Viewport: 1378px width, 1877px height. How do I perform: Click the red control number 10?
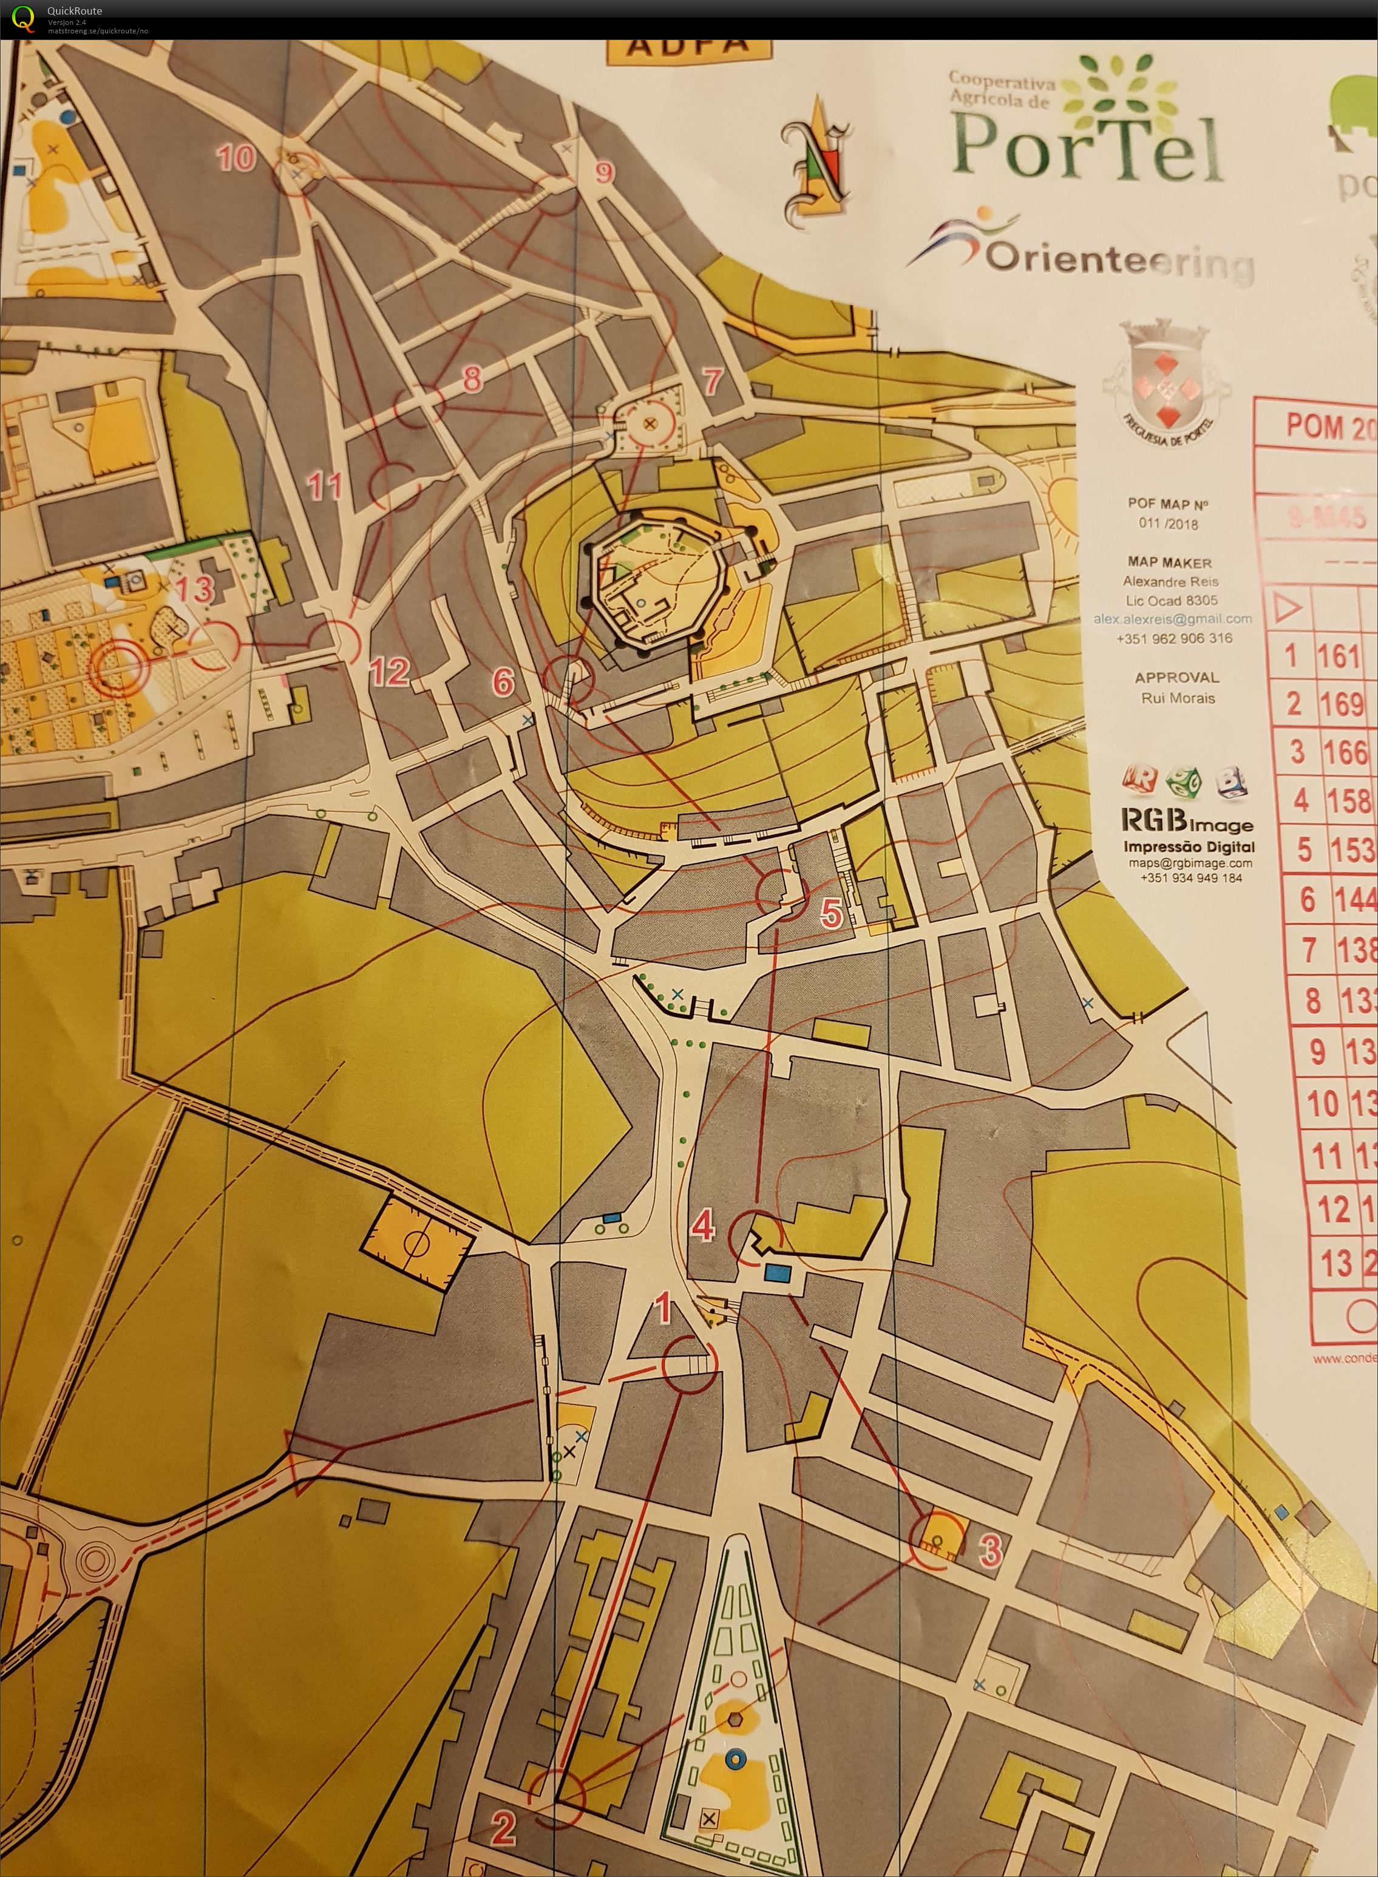[x=236, y=157]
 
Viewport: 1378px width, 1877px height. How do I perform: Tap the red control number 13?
[x=194, y=589]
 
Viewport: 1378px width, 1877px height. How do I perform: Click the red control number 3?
[x=990, y=1549]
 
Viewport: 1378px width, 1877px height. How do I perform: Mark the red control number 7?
[x=711, y=381]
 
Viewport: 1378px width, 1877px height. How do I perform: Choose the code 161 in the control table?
[x=1339, y=656]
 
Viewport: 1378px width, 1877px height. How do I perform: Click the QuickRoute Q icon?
[x=23, y=18]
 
